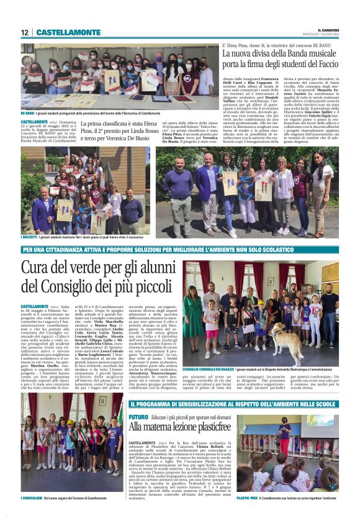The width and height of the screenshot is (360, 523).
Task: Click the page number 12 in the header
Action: pos(24,32)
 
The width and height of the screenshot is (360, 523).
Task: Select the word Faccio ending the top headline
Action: pos(325,65)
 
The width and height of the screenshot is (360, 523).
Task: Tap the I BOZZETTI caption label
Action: pos(29,238)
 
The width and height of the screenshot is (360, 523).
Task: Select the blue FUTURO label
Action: pos(138,416)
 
